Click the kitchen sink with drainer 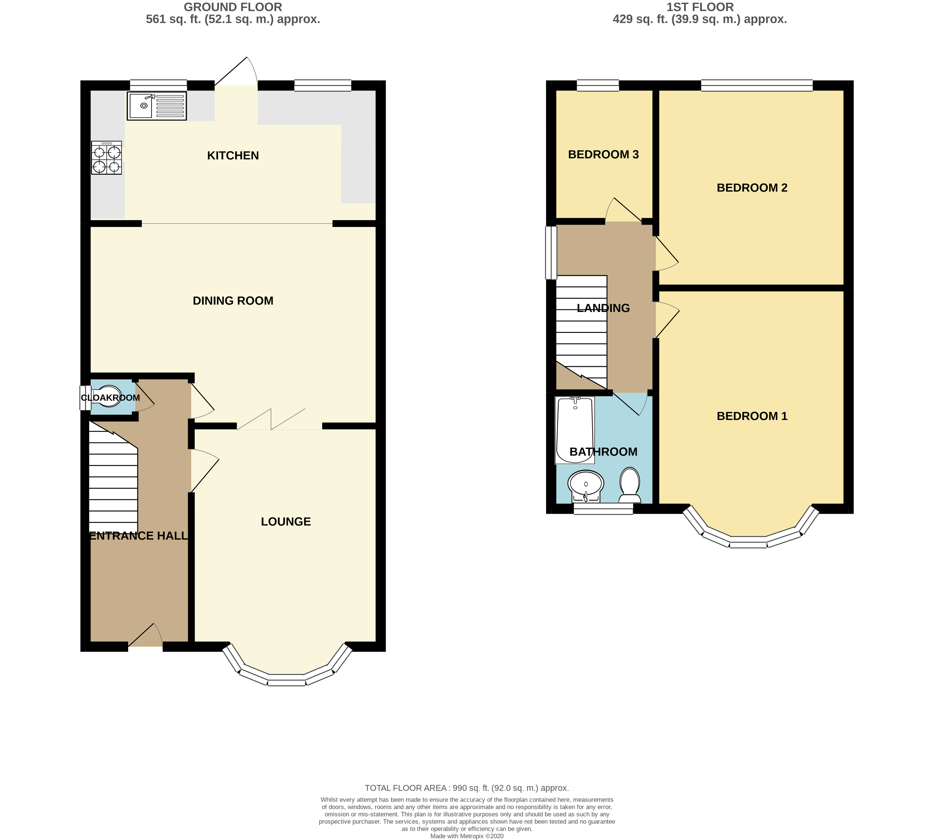click(x=157, y=106)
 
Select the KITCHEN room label click(x=233, y=155)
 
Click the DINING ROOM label click(x=233, y=301)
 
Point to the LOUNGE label click(x=286, y=522)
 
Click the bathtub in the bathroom click(x=575, y=430)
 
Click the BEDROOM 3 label click(x=603, y=155)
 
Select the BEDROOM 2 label click(x=752, y=188)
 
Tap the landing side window click(x=551, y=252)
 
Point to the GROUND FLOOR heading click(x=233, y=7)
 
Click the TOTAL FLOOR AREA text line click(x=466, y=788)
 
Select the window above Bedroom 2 click(x=756, y=85)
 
